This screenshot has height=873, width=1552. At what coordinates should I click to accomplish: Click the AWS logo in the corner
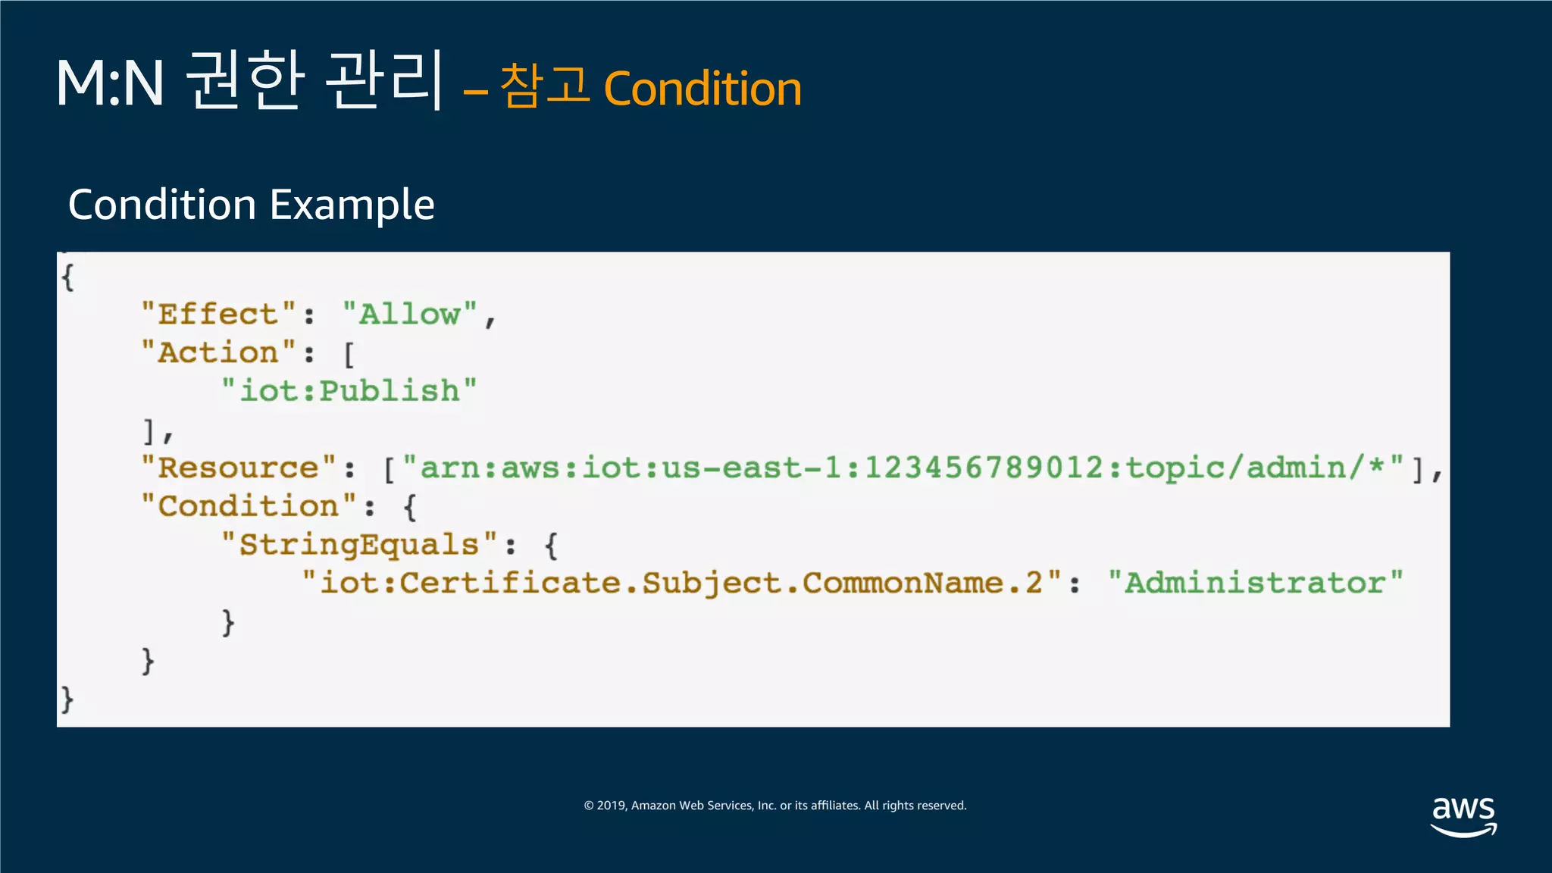click(x=1463, y=816)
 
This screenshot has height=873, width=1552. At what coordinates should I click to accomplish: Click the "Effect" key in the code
click(x=219, y=314)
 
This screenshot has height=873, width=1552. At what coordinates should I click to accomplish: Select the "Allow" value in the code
click(x=410, y=314)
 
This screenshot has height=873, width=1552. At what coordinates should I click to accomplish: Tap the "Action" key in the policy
click(x=219, y=352)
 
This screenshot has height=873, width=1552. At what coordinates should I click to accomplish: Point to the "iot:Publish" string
click(x=349, y=391)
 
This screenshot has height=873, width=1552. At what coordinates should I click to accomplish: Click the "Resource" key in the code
click(x=239, y=468)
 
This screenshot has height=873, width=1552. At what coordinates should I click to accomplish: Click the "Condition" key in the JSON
click(x=249, y=506)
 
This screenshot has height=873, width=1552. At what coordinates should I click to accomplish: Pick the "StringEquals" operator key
click(x=359, y=545)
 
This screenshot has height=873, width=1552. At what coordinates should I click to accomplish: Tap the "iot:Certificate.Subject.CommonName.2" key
click(x=681, y=583)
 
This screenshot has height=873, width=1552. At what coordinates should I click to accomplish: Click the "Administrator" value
click(x=1255, y=583)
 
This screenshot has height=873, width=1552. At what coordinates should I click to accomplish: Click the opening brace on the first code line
click(x=67, y=277)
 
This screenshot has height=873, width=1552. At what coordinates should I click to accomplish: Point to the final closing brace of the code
click(x=67, y=699)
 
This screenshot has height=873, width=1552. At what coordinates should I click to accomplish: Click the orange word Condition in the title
click(x=702, y=89)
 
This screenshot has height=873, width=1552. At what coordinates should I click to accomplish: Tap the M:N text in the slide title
click(x=110, y=83)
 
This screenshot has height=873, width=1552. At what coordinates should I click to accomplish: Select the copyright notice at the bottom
click(x=775, y=806)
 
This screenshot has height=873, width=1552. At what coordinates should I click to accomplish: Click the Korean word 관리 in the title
click(x=383, y=80)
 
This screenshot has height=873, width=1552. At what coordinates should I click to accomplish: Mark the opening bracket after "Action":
click(x=349, y=354)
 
